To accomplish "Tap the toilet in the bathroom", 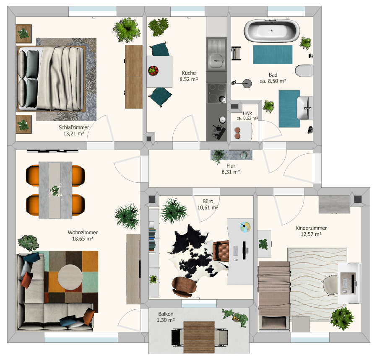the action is coord(304,71).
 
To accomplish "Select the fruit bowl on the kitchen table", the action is coord(153,71).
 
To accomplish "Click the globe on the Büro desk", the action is coord(245,227).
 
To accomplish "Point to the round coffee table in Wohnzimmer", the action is coord(70,277).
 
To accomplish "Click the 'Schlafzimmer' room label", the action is coord(74,127).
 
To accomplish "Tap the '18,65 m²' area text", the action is coord(83,238).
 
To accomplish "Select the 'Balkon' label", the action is coord(166,314).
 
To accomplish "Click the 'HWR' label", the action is coord(247,113).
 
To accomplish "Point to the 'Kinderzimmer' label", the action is coord(311,228).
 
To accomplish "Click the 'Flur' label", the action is coord(231,166).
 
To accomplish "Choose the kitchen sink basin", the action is coord(217,60).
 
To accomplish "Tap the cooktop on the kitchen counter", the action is coord(217,93).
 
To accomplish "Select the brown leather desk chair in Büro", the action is coord(220,251).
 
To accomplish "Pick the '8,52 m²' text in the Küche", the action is coord(189,79).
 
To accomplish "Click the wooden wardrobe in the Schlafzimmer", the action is coord(134,77).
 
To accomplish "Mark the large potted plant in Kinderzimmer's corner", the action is coord(342,319).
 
